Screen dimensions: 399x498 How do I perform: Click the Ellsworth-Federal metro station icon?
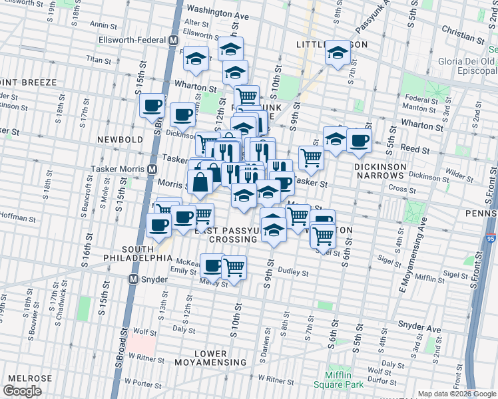[x=173, y=40]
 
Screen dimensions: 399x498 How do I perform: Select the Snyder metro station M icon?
[x=134, y=279]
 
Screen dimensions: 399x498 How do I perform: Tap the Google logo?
[x=22, y=391]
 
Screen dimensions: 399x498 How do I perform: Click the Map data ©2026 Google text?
[x=456, y=394]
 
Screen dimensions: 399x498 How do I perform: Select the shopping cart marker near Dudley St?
[x=234, y=267]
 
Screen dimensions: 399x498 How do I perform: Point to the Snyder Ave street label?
[x=419, y=328]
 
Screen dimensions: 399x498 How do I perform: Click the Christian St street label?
[x=462, y=30]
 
